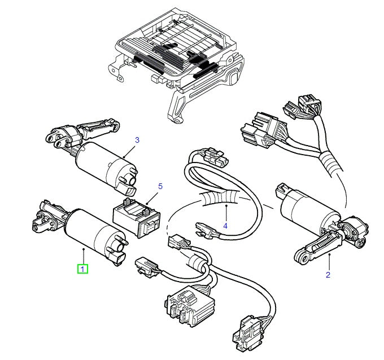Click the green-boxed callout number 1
click(82, 269)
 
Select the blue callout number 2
click(328, 275)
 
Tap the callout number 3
click(137, 139)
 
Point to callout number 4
click(225, 226)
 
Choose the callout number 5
click(160, 186)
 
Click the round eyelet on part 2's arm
click(302, 258)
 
